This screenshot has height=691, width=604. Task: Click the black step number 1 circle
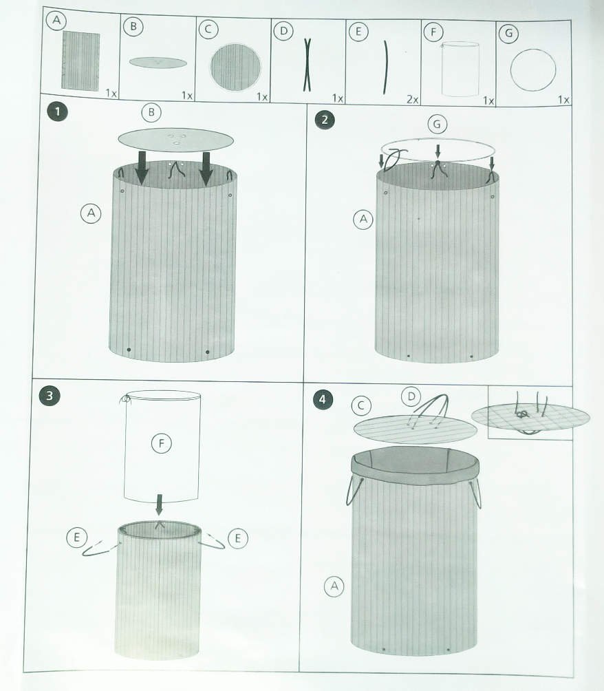coord(57,111)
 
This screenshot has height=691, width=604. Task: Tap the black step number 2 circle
coord(325,120)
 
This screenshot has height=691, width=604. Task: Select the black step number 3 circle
coord(49,395)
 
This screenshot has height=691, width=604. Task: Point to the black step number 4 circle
coord(323,400)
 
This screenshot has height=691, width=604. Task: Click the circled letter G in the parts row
coord(508,33)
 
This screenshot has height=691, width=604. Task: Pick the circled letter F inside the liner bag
coord(161,443)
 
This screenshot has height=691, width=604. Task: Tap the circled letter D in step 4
coord(411,396)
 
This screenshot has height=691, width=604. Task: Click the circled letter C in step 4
coord(361,405)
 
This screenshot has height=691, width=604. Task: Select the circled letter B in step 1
coord(151,112)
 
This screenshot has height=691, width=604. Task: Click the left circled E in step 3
coord(76,538)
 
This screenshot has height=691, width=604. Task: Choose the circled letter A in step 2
coord(363,219)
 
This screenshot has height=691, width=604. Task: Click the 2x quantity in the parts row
coord(412,100)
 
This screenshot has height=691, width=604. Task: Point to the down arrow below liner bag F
coord(159,504)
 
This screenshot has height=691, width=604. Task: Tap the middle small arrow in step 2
coord(438,152)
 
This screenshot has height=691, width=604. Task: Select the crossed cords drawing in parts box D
coord(307,65)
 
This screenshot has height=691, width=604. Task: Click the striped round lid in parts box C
coord(235,67)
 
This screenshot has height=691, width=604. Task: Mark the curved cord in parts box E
coord(386,67)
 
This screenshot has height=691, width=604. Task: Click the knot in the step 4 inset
coord(523,414)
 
